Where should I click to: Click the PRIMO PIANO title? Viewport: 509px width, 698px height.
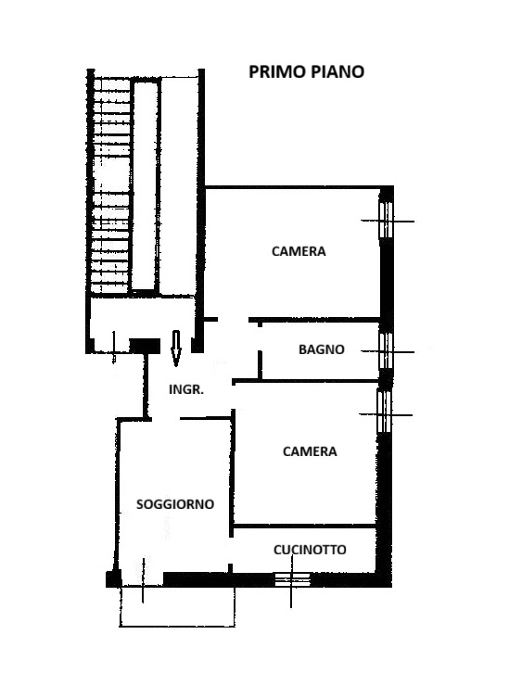coord(306,71)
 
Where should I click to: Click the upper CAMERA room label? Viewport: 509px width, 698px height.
coord(299,251)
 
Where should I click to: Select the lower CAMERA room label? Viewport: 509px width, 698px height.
coord(310,451)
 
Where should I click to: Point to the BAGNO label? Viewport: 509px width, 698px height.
coord(322,349)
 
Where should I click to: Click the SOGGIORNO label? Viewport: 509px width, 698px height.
coord(175,504)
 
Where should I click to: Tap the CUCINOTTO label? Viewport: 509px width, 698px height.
coord(310,550)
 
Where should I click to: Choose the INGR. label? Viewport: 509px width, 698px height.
coord(186,389)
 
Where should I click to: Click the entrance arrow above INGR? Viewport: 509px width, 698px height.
coord(176,349)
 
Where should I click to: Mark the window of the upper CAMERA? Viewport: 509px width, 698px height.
coord(387,221)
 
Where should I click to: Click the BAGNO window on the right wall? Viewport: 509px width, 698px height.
coord(387,351)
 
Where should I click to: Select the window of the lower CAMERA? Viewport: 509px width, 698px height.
coord(385,412)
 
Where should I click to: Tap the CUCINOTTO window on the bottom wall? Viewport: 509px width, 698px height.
coord(292,579)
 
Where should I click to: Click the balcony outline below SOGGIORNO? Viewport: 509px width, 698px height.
coord(177,626)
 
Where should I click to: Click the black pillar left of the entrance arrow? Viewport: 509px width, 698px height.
coord(145,346)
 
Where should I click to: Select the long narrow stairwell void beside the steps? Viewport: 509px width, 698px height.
coord(146,185)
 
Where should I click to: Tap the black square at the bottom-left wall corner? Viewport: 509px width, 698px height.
coord(113,578)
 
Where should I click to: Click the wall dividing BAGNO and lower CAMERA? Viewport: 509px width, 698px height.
coord(305,381)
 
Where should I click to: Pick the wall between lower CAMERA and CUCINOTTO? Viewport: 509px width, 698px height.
coord(305,526)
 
